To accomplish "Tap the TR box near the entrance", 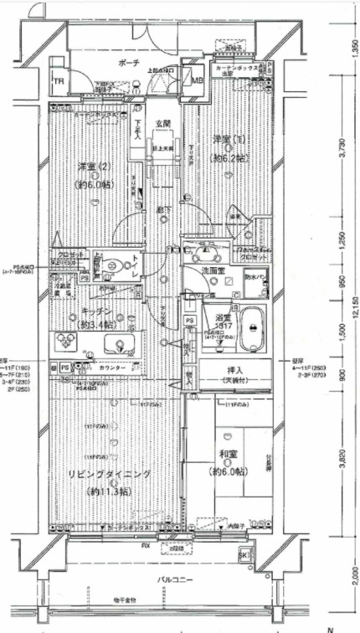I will pos(59,81).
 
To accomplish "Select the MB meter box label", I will pos(197,80).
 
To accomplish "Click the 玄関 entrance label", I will pos(163,124).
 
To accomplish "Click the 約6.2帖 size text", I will pos(227,157).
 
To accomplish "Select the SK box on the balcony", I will pos(243,555).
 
